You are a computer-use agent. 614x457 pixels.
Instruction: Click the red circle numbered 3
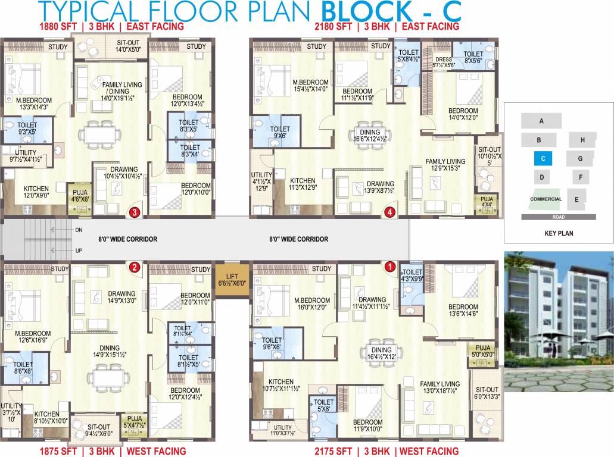[x=135, y=211]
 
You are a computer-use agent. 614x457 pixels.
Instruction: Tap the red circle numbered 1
[x=390, y=267]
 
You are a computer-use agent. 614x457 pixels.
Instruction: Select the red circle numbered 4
[x=390, y=211]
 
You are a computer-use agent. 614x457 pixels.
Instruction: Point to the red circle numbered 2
[x=135, y=267]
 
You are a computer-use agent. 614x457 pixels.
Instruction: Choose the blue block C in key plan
[x=543, y=159]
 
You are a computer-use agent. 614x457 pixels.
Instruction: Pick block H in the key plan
[x=582, y=140]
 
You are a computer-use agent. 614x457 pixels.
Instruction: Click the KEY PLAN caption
[x=559, y=233]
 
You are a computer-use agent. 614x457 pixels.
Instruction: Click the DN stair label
[x=79, y=229]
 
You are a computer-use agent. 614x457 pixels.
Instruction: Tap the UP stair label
[x=79, y=251]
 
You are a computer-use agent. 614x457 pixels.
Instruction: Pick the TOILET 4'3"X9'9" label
[x=410, y=274]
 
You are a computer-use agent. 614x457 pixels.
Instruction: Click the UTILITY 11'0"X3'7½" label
[x=283, y=430]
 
